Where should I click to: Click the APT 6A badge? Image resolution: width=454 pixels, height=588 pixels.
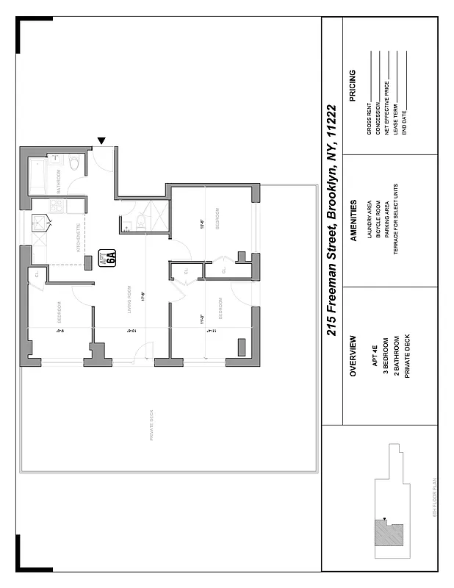point(111,257)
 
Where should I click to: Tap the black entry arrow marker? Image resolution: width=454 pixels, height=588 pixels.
point(102,141)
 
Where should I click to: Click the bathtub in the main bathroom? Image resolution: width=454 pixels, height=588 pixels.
point(37,176)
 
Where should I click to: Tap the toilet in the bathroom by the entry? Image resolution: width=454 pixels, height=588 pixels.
point(73,164)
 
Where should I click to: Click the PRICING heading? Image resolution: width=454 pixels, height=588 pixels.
point(353,87)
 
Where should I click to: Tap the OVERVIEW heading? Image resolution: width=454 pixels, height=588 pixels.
point(353,356)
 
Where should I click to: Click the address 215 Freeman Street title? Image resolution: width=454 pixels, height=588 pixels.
point(331,220)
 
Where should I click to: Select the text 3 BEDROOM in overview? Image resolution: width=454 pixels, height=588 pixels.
point(386,356)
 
